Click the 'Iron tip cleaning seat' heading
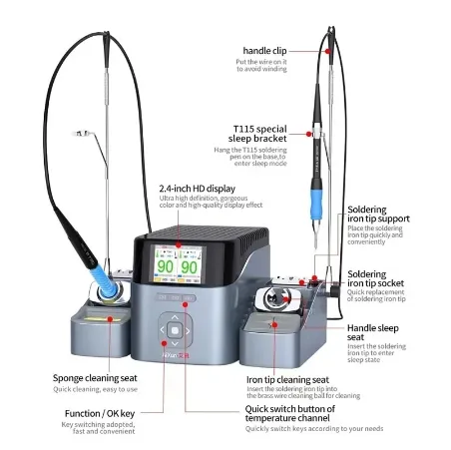click(287, 379)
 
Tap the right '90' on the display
click(190, 268)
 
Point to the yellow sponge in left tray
click(98, 317)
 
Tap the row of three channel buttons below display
click(175, 297)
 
